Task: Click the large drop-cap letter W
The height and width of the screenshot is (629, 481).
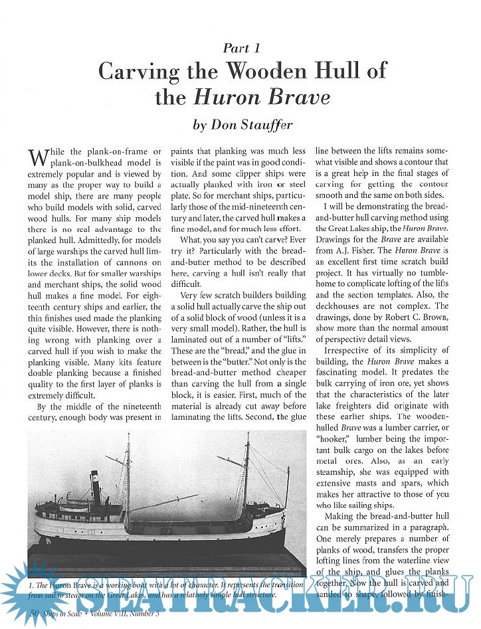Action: tap(39, 158)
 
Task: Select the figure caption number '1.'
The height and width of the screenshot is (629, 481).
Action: tap(32, 584)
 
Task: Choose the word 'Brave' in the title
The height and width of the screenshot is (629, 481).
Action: tap(298, 98)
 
